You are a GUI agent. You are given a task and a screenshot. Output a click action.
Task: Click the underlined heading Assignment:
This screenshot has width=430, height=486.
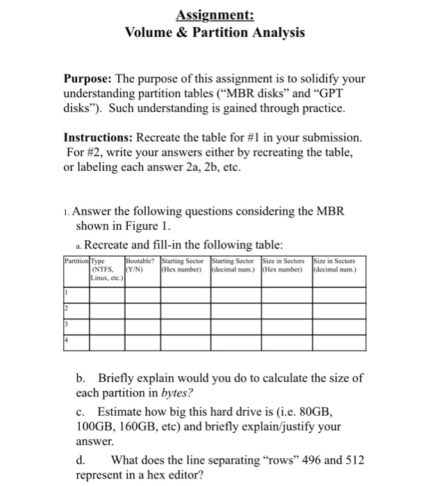214,14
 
